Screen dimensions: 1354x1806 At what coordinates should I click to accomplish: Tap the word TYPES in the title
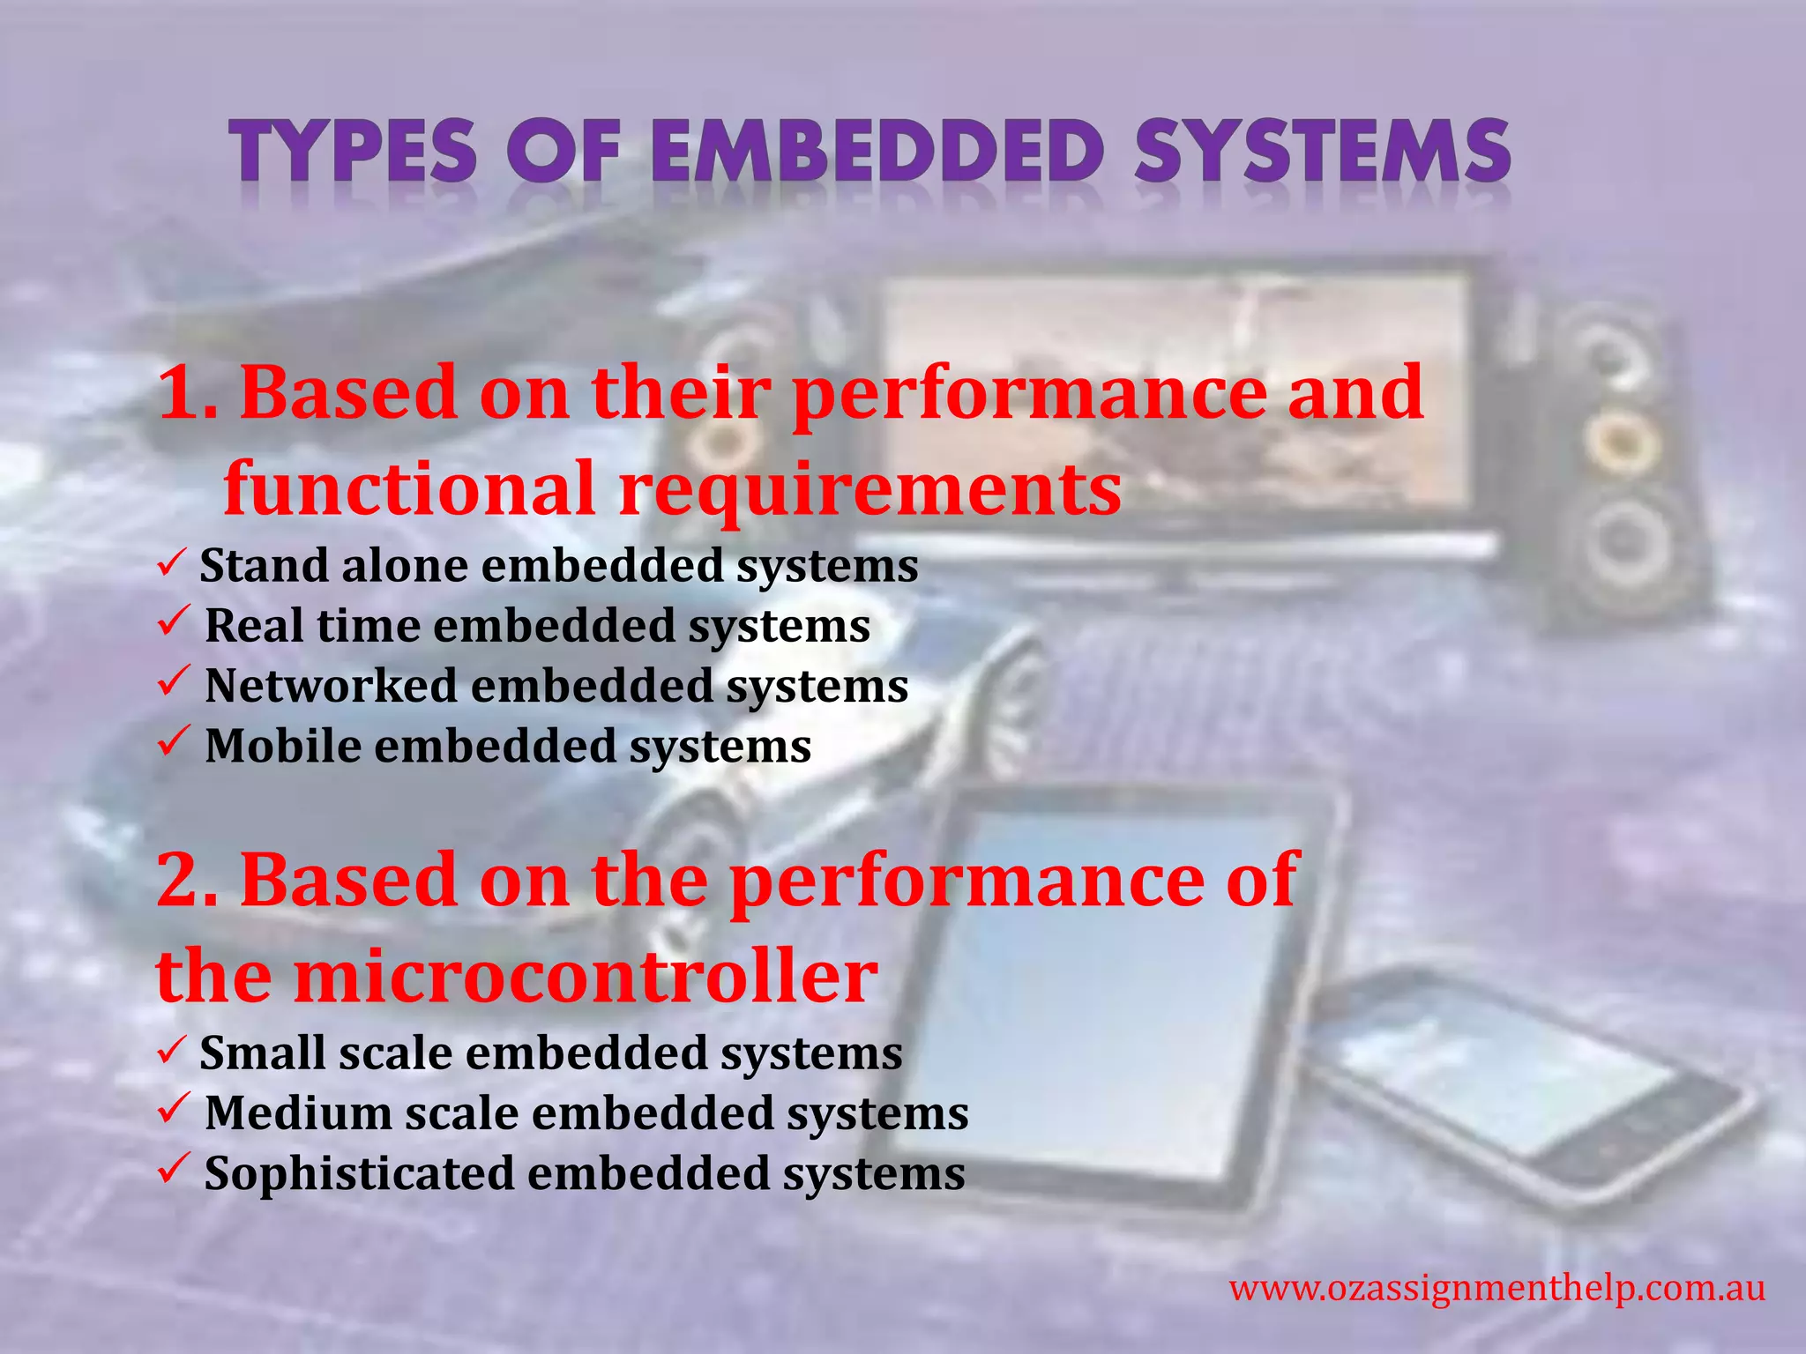[x=354, y=152]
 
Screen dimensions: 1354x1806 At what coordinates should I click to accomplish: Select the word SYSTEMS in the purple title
[x=1323, y=152]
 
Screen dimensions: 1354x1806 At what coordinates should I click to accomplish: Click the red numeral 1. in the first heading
[x=187, y=394]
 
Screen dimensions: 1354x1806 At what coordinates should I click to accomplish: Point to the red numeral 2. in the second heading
[x=187, y=882]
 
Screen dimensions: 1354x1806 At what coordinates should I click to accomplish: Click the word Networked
[x=331, y=686]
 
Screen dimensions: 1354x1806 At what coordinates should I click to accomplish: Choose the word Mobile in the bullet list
[x=282, y=746]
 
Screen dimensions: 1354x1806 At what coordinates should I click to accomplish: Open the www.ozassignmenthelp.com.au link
[x=1496, y=1289]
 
